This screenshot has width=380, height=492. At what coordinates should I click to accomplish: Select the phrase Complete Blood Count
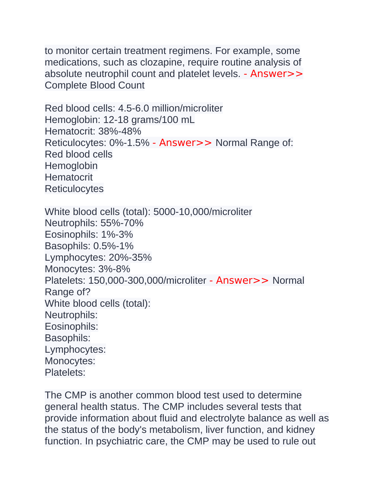(95, 85)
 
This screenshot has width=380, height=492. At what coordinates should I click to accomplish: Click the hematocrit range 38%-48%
(120, 131)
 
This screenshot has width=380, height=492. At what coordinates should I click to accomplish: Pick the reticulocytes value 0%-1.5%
(129, 143)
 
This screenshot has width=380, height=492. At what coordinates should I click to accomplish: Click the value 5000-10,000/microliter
(202, 212)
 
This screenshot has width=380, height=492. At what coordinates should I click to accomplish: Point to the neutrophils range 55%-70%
(122, 223)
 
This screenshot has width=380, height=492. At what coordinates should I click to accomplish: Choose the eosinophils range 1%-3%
(117, 234)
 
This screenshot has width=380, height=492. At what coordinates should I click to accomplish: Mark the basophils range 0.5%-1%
(113, 246)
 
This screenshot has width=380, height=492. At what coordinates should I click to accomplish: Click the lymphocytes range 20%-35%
(130, 258)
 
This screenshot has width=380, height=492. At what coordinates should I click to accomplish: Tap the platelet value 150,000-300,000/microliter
(147, 281)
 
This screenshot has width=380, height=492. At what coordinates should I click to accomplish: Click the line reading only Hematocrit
(69, 177)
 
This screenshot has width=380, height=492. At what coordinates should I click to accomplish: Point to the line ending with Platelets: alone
(65, 373)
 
